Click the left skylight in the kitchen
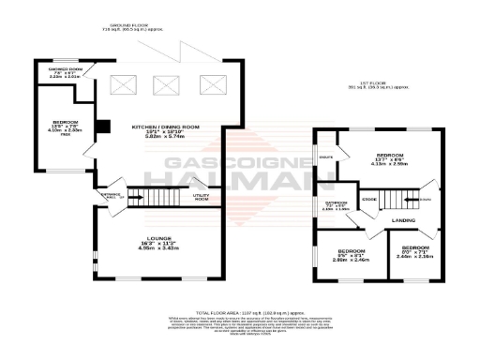pyautogui.click(x=122, y=83)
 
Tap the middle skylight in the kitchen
pyautogui.click(x=165, y=83)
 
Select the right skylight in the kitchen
pyautogui.click(x=208, y=83)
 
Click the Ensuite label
pyautogui.click(x=326, y=158)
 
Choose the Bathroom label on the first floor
pyautogui.click(x=337, y=205)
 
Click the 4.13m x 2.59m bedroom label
pyautogui.click(x=390, y=158)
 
